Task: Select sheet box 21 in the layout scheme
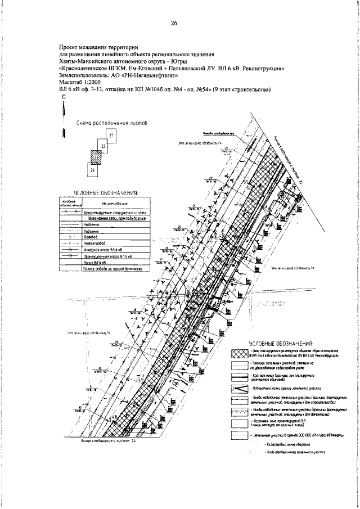(111, 136)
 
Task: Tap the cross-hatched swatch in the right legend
(240, 354)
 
